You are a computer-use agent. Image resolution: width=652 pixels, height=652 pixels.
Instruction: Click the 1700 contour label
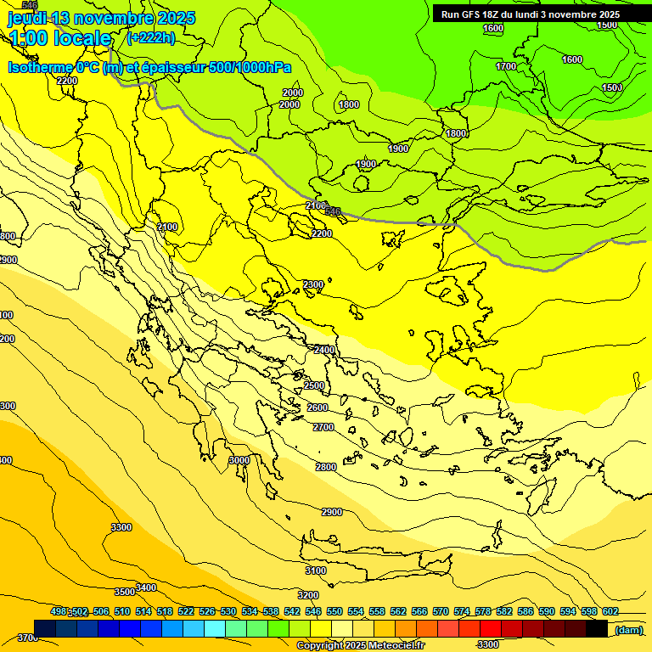[506, 66]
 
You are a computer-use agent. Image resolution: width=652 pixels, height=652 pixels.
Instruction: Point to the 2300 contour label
[314, 284]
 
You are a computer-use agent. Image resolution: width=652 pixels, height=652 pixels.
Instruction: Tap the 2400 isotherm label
[324, 350]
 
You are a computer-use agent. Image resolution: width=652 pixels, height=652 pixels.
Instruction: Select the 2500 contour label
[314, 385]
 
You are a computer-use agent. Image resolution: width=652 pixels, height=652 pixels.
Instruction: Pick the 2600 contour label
[318, 407]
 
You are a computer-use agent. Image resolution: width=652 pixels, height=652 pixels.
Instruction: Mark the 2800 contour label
[326, 467]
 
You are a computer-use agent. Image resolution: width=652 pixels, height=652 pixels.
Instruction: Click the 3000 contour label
[239, 460]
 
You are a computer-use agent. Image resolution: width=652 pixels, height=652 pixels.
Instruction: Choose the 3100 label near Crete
[316, 570]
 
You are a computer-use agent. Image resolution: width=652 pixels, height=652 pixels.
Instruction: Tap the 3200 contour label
[308, 595]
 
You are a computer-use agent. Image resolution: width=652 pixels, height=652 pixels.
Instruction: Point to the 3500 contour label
[125, 592]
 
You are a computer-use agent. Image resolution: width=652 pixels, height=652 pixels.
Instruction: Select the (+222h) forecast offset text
[150, 37]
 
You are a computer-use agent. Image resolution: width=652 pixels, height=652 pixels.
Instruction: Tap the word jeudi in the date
[28, 18]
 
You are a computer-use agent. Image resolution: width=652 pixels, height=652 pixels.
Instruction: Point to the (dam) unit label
[628, 629]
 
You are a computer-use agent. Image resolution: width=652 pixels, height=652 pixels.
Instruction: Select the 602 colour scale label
[610, 611]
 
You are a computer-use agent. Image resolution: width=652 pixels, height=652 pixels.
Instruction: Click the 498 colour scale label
[59, 611]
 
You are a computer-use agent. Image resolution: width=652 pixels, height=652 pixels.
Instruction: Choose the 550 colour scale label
[334, 611]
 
